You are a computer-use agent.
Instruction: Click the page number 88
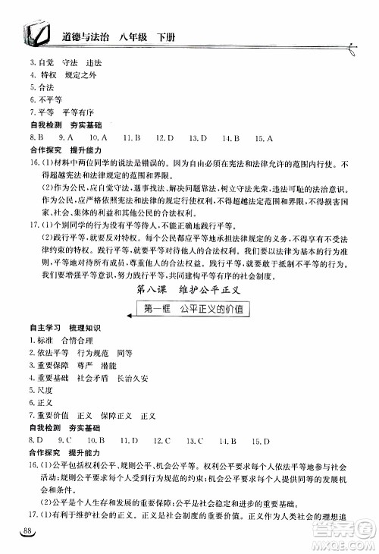[x=30, y=529]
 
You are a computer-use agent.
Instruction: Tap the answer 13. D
[x=199, y=137]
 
